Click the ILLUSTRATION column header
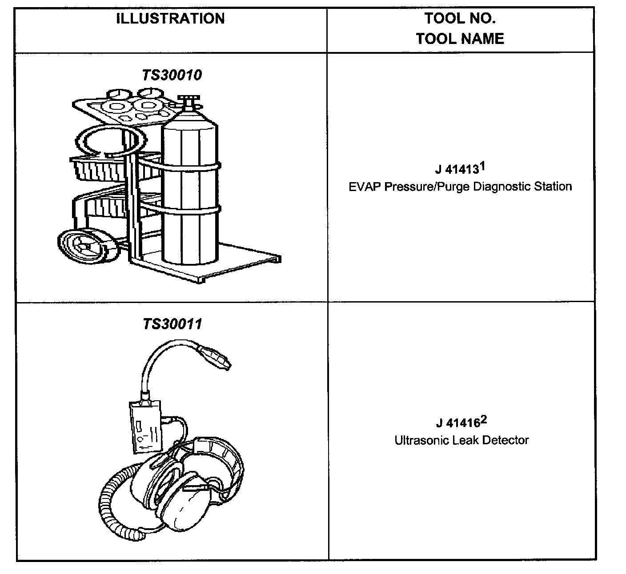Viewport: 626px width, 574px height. click(171, 19)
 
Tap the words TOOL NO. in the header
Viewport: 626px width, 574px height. click(460, 19)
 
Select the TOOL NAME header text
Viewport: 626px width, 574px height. click(460, 39)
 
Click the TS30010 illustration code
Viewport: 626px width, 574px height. click(172, 75)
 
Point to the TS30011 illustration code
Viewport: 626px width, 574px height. click(172, 323)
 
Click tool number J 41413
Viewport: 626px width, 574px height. click(456, 170)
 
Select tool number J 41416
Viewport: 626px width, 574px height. click(457, 423)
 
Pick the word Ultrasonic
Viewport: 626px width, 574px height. click(421, 440)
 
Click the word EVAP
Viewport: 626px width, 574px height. click(365, 186)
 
